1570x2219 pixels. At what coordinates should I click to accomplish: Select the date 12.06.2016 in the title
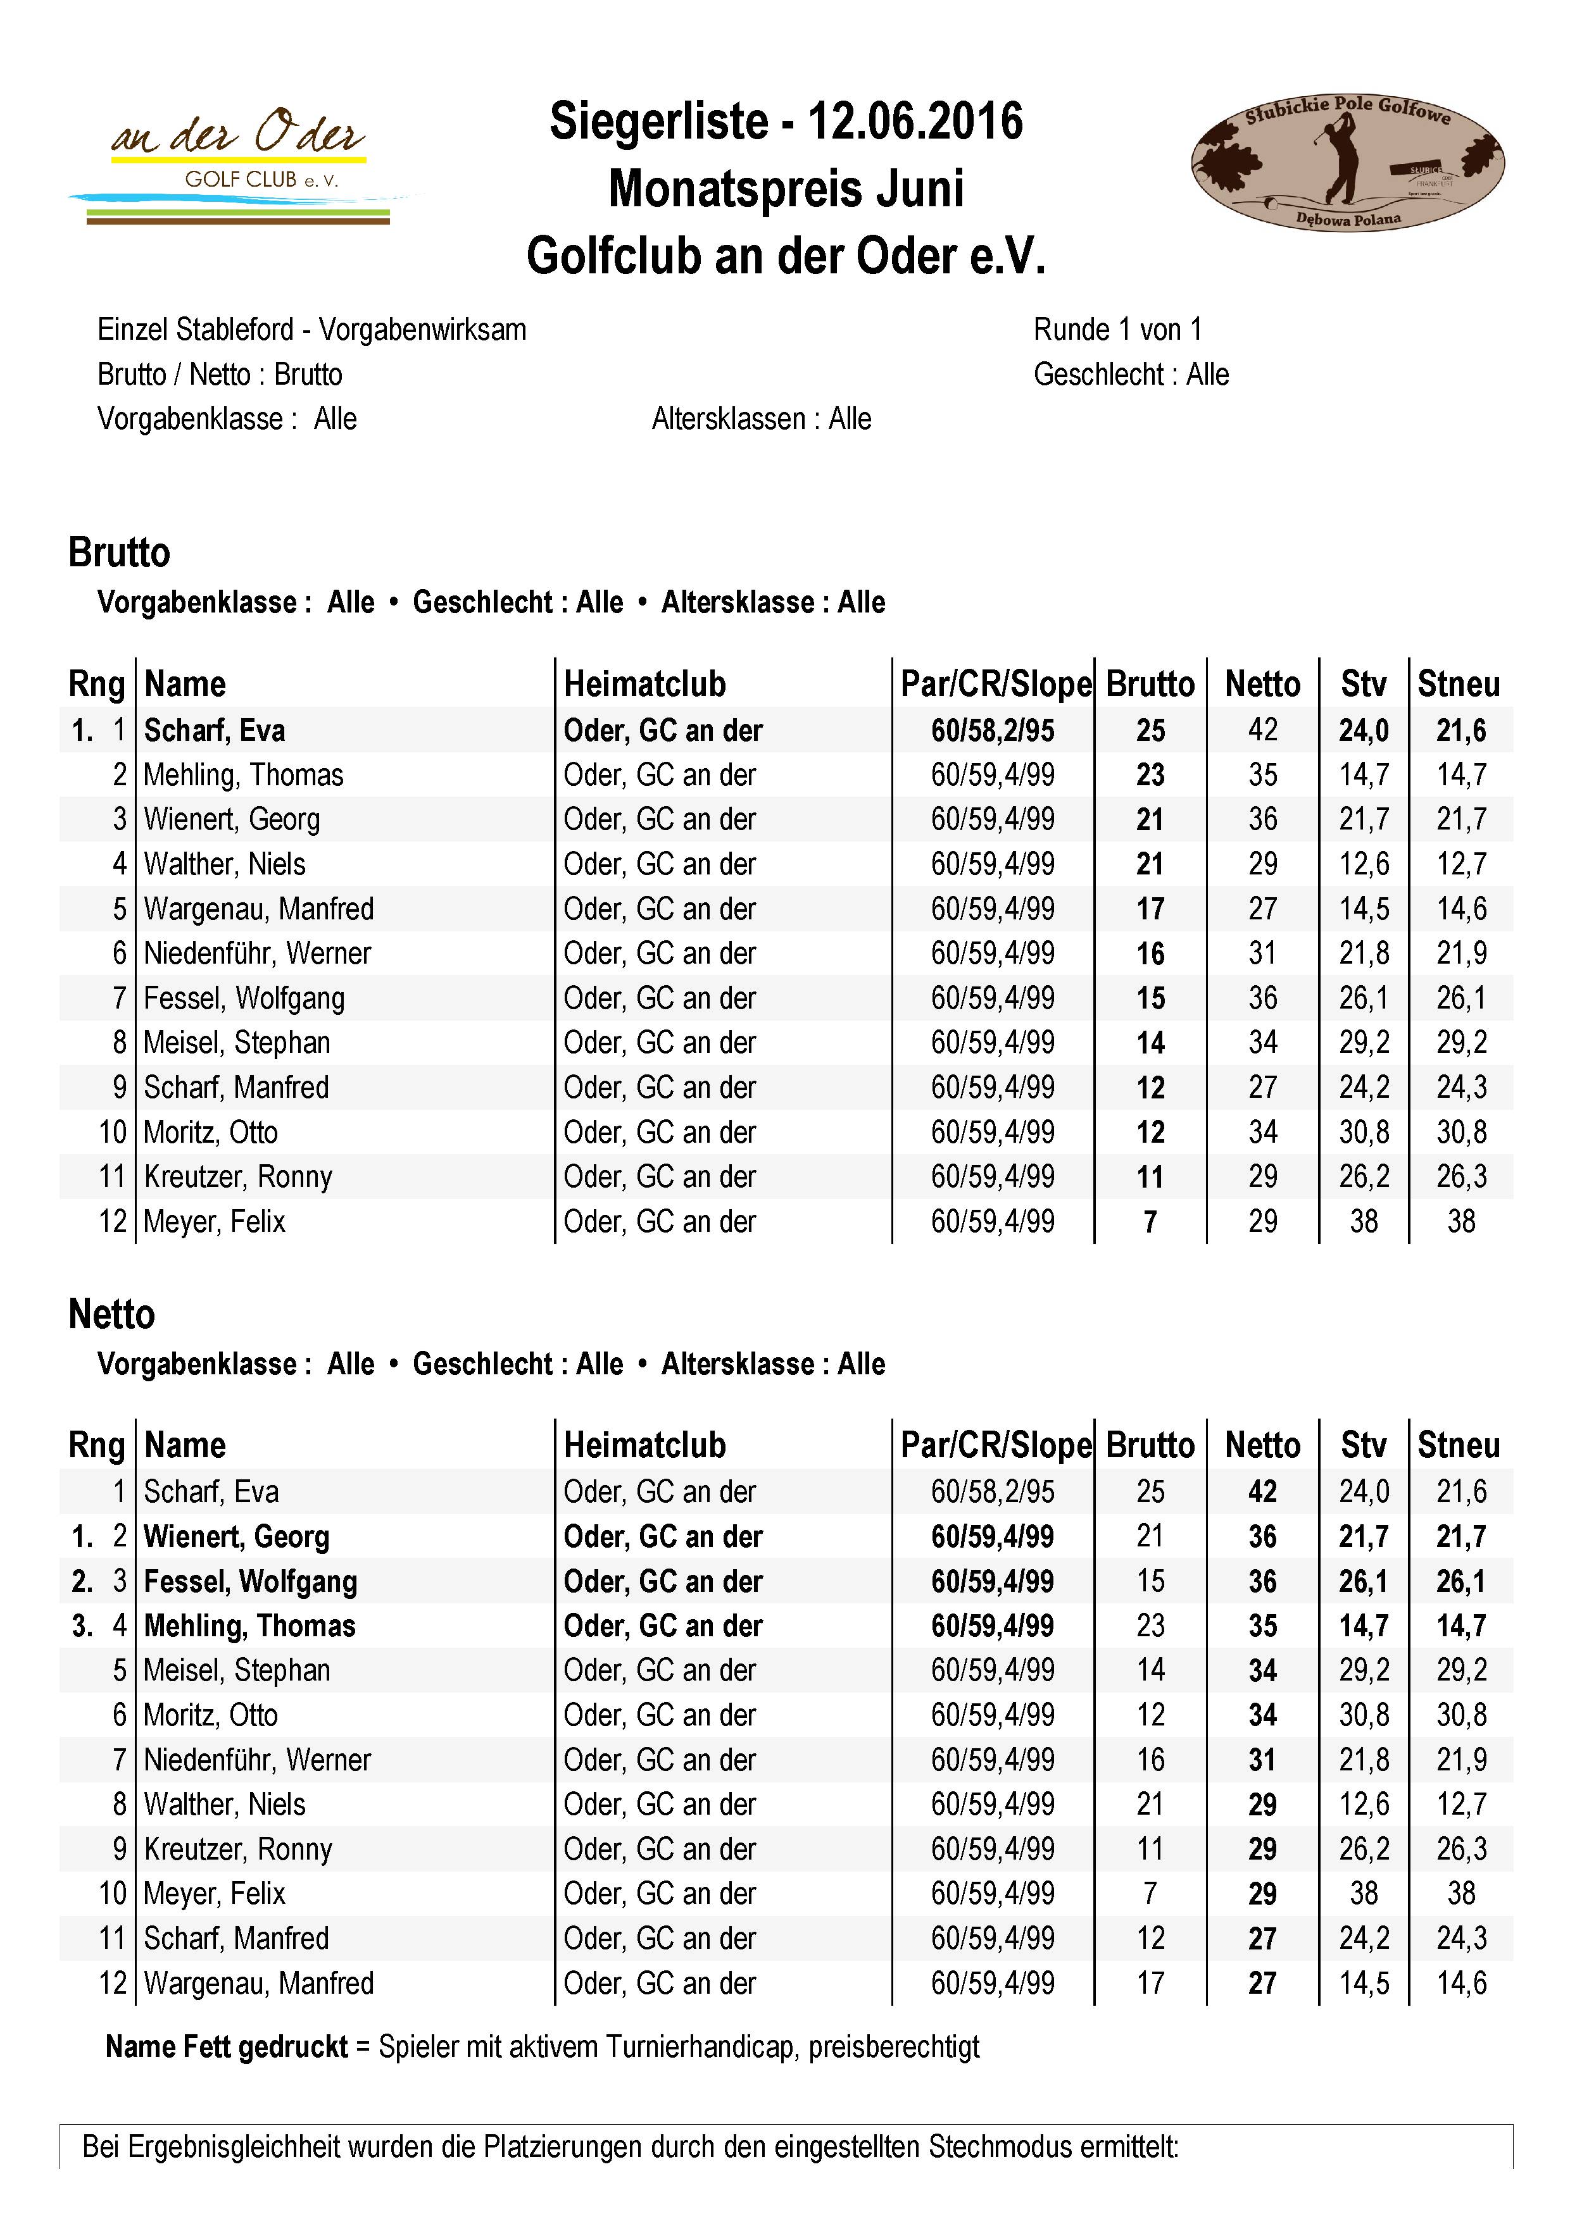click(x=915, y=121)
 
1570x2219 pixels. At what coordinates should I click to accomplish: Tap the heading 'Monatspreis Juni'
click(x=786, y=189)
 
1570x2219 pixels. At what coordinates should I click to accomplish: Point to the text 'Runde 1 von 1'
click(x=1117, y=330)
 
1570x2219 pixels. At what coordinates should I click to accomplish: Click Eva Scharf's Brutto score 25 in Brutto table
click(x=1150, y=731)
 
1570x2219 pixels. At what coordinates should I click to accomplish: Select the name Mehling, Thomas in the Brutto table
click(x=244, y=775)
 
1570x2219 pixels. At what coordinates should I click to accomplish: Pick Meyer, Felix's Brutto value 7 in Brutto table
click(x=1150, y=1222)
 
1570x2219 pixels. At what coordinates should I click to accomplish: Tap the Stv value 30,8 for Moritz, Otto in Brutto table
click(x=1363, y=1133)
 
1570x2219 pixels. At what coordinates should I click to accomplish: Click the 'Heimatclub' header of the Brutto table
click(x=645, y=684)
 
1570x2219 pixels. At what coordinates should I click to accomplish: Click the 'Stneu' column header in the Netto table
click(x=1458, y=1445)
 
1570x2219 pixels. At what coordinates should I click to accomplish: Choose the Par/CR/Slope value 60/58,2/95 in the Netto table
click(x=993, y=1491)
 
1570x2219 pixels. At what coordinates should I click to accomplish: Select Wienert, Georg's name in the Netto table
click(x=237, y=1537)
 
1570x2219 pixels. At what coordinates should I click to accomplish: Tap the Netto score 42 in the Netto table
click(x=1262, y=1491)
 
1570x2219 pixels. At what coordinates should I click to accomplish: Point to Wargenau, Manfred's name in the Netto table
click(x=258, y=1983)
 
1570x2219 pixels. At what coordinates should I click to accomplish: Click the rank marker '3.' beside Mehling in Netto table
click(x=82, y=1625)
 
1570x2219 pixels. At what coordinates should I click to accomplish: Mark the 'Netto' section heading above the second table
click(x=111, y=1314)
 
